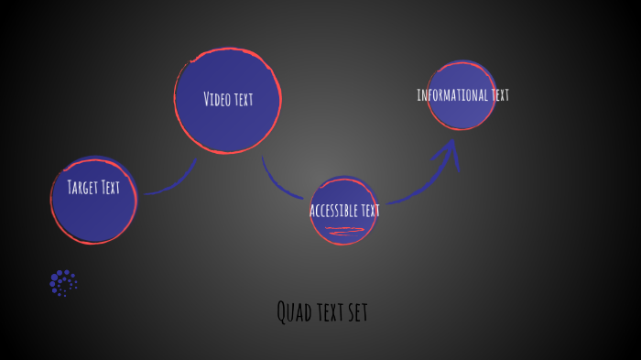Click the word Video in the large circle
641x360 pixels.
(217, 99)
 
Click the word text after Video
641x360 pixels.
(243, 99)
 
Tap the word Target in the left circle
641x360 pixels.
(82, 188)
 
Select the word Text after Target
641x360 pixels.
(110, 188)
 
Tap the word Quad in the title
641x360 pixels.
(291, 312)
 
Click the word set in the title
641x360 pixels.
(356, 313)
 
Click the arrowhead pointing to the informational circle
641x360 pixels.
(450, 152)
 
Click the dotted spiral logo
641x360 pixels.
(63, 283)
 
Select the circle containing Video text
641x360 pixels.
(228, 128)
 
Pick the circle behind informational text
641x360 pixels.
(462, 115)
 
